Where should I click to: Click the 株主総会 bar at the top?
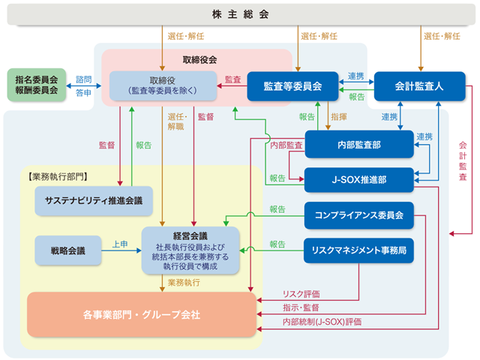pos(241,14)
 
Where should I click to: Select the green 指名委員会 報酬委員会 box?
pos(37,85)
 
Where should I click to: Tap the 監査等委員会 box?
pos(292,86)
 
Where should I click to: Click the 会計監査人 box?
pos(419,86)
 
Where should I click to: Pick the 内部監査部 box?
pos(359,145)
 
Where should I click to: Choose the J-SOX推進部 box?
pos(359,180)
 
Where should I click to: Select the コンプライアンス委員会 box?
pos(359,215)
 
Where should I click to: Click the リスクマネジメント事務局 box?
pos(358,250)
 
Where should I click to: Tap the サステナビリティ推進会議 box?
pos(94,201)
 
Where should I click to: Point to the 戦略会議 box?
pos(68,250)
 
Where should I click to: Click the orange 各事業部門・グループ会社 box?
pos(142,315)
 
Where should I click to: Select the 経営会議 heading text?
pos(190,236)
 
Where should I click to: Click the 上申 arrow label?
pos(120,244)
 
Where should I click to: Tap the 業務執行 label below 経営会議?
pos(184,282)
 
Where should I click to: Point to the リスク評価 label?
pos(301,294)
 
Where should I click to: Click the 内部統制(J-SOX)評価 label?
pos(322,322)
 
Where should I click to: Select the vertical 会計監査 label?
pos(463,161)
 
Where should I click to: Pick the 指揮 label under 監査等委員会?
pos(339,117)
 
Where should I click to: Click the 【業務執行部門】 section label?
pos(58,177)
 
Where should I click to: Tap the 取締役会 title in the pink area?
pos(199,60)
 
